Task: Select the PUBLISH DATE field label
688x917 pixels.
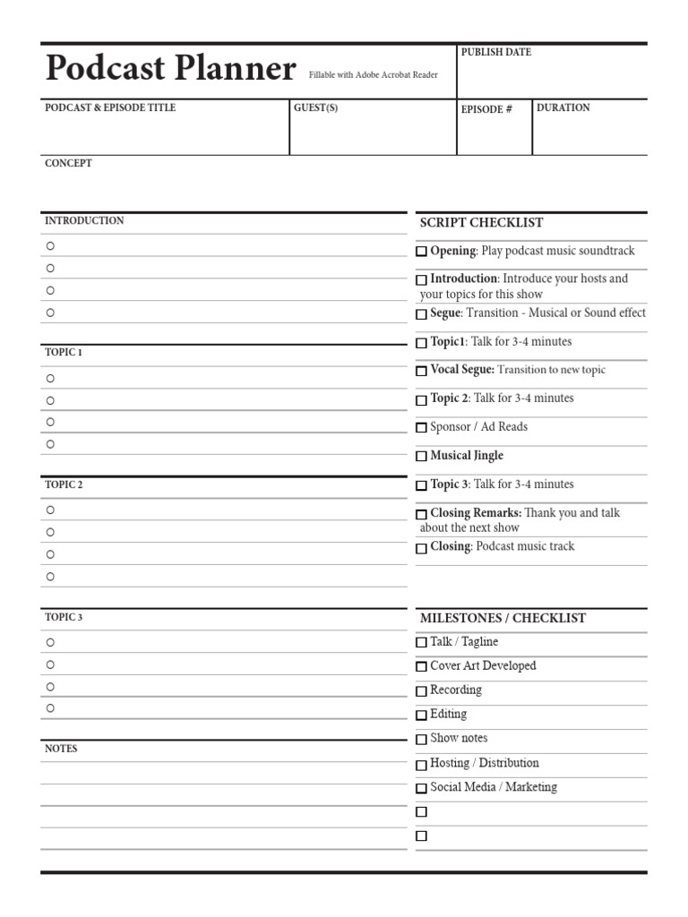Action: click(495, 52)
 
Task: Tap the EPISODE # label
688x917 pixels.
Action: click(486, 109)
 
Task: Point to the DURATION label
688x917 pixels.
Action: click(563, 107)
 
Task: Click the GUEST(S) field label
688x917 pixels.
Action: click(315, 107)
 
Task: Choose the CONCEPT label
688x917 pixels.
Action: click(68, 163)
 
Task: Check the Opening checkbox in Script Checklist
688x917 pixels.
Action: click(421, 252)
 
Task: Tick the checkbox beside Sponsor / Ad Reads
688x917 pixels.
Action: click(421, 427)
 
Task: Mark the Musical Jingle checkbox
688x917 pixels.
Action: click(421, 456)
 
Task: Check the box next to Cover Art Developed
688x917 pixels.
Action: click(421, 666)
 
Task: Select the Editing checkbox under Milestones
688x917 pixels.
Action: click(421, 715)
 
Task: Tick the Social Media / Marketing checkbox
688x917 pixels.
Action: click(421, 788)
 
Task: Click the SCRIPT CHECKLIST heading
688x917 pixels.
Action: click(481, 222)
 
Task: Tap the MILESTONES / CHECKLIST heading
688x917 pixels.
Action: click(503, 618)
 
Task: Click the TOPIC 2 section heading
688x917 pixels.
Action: click(64, 484)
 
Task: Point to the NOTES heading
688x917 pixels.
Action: click(61, 749)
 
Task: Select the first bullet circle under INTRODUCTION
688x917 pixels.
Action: click(50, 245)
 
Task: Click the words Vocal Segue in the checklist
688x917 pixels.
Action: click(461, 369)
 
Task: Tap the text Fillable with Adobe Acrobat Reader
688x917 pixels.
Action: click(374, 75)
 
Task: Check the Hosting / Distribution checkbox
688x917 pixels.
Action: click(421, 764)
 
